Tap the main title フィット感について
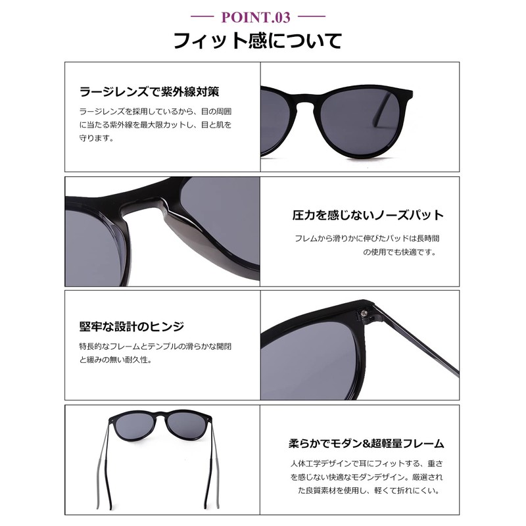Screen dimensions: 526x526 (x=257, y=41)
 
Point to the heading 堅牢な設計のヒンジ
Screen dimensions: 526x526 (x=131, y=327)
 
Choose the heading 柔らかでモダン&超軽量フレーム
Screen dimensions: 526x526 (x=366, y=443)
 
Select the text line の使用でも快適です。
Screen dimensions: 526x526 (x=400, y=252)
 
